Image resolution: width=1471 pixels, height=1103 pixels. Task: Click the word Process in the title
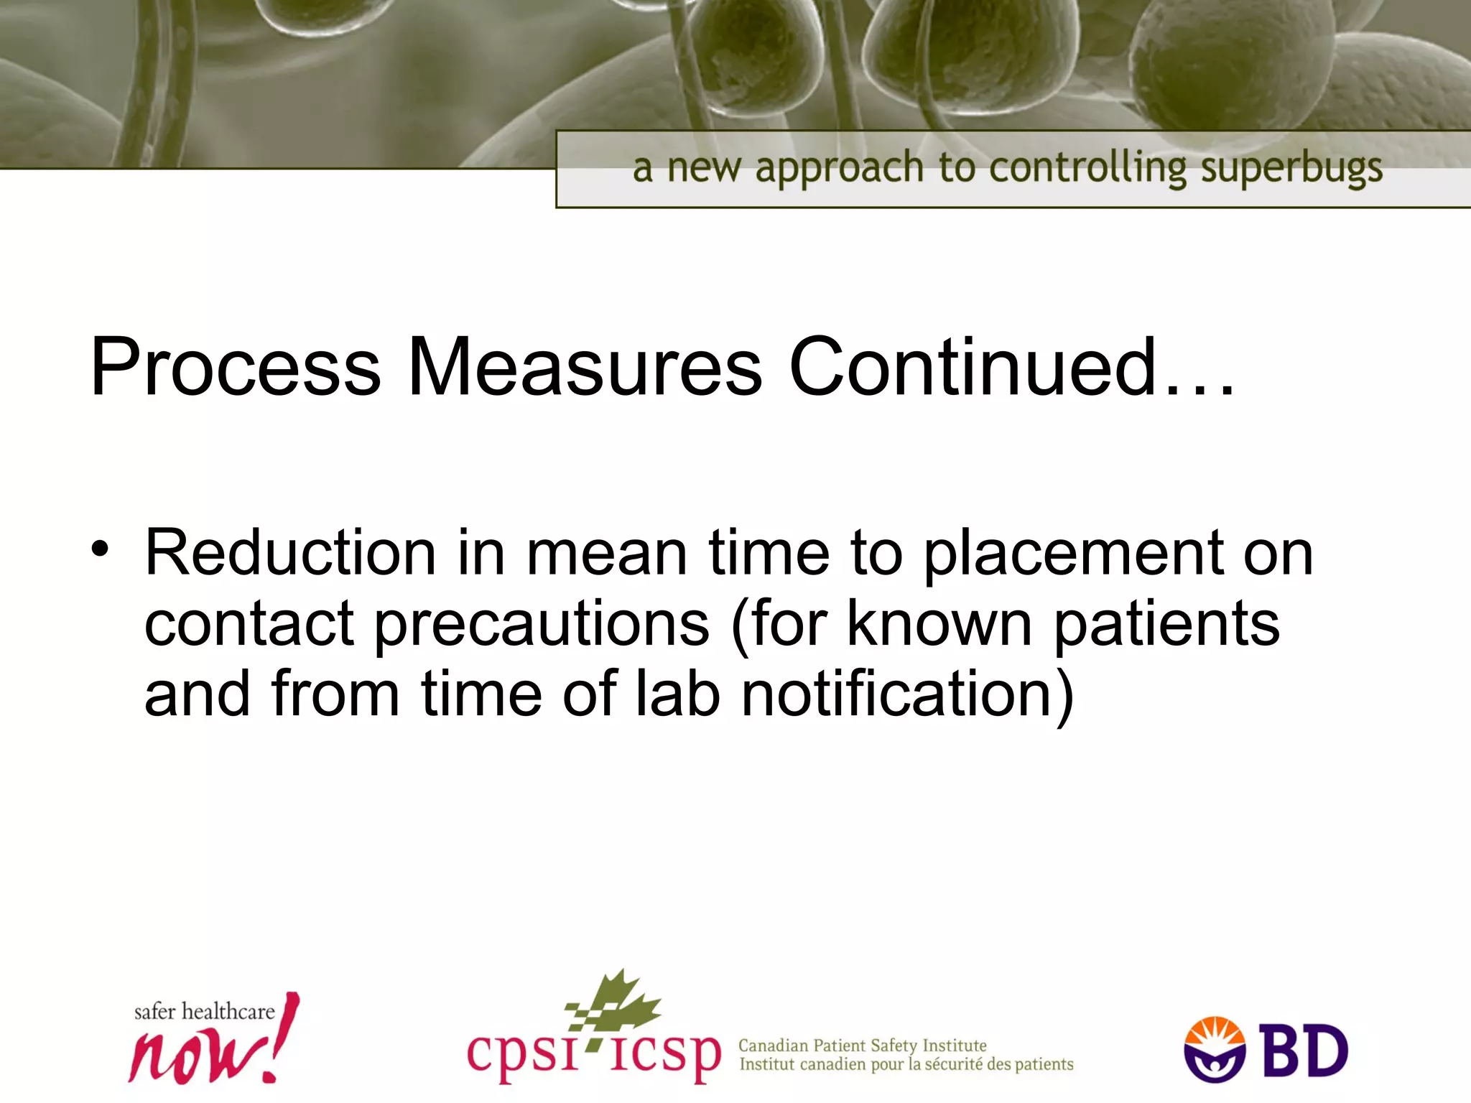point(235,368)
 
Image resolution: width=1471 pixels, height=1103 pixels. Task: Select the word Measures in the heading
point(584,368)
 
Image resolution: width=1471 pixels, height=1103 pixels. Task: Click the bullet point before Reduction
point(100,550)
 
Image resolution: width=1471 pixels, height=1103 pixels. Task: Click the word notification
point(906,694)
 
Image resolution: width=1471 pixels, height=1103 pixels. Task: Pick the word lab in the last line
point(677,693)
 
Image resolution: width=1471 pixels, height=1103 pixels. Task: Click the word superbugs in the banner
point(1291,169)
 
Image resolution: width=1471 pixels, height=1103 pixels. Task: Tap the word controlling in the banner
point(1087,169)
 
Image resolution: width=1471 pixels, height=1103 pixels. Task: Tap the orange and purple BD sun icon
point(1215,1049)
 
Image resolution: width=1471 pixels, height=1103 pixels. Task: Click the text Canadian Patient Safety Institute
point(862,1045)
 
